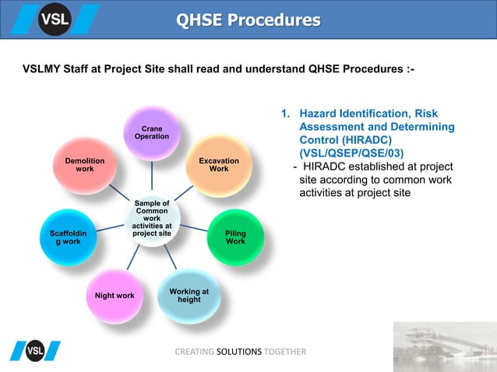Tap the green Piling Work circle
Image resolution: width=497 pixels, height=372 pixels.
235,237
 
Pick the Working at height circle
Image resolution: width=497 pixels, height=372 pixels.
189,296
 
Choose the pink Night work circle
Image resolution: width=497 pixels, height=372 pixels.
114,297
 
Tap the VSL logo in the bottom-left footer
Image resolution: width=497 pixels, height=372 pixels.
35,352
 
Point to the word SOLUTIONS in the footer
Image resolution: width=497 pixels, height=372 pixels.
240,352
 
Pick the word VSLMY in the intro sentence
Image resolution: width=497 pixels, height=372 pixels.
44,69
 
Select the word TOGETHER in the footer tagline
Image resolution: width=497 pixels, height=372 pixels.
285,352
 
